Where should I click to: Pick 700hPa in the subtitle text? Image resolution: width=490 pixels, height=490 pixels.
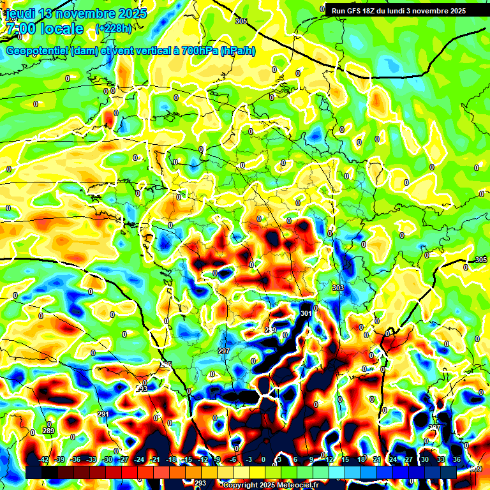(198, 51)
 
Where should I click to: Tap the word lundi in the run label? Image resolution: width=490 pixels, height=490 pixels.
(396, 11)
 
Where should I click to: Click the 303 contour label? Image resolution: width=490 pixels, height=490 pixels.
(338, 288)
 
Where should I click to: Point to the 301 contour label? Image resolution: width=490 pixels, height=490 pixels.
(306, 313)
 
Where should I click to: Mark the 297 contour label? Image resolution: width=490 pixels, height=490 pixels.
(223, 352)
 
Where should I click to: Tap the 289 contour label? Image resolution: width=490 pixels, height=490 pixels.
(48, 431)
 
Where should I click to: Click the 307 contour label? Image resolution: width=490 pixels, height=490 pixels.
(434, 427)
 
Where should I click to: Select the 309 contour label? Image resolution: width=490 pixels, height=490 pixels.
(476, 470)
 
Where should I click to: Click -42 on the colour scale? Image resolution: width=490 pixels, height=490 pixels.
(44, 459)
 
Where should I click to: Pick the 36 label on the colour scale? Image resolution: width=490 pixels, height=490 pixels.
(456, 459)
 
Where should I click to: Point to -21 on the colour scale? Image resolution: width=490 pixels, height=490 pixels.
(154, 459)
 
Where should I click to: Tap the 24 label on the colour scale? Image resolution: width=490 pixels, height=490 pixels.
(392, 459)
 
